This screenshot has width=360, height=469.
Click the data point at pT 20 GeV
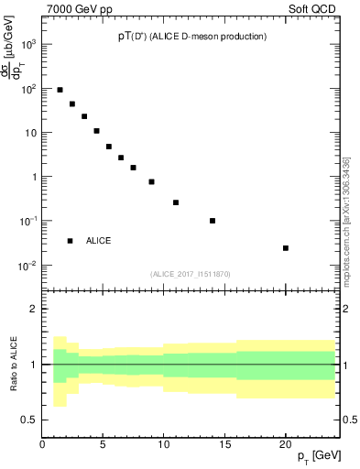pos(286,248)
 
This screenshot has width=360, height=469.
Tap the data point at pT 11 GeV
pos(176,202)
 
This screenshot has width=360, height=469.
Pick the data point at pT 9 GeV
pos(151,181)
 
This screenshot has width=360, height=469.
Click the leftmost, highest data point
pos(60,90)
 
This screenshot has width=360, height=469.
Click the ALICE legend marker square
pos(70,241)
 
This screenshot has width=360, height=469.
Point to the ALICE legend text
pos(99,241)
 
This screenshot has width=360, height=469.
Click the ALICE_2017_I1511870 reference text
pos(191,273)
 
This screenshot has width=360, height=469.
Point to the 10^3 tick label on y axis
pos(29,44)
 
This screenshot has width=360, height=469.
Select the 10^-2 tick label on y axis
pos(29,266)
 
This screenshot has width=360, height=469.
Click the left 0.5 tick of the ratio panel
pos(30,420)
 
